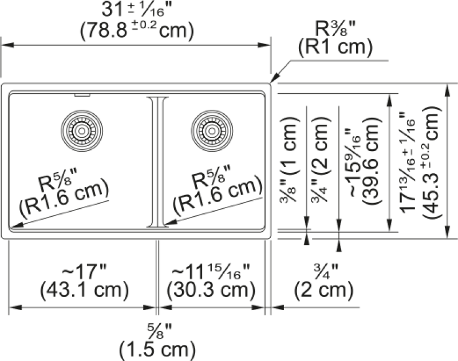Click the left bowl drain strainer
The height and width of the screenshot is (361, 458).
pos(82,131)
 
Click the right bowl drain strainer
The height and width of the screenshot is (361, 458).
pos(212,131)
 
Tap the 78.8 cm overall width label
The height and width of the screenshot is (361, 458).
pos(137,30)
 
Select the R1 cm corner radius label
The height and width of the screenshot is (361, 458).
pos(335,47)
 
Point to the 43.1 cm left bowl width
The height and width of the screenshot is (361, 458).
pos(84,291)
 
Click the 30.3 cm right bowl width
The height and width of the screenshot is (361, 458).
pos(211,291)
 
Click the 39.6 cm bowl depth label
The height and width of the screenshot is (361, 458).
pos(372,161)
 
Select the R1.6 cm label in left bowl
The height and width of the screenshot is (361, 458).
pos(64,198)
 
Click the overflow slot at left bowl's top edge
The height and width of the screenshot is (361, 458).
pos(82,95)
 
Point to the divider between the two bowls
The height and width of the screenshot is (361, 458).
pos(157,162)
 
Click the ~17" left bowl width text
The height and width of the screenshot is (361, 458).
pos(84,272)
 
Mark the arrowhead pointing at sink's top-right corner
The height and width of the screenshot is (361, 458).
pos(275,78)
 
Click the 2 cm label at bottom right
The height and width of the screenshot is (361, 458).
pos(323,291)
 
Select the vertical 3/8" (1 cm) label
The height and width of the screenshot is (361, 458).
pos(289,160)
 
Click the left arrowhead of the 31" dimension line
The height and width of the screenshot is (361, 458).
pos(8,45)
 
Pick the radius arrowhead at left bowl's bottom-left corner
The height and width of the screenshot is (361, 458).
pos(15,224)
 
